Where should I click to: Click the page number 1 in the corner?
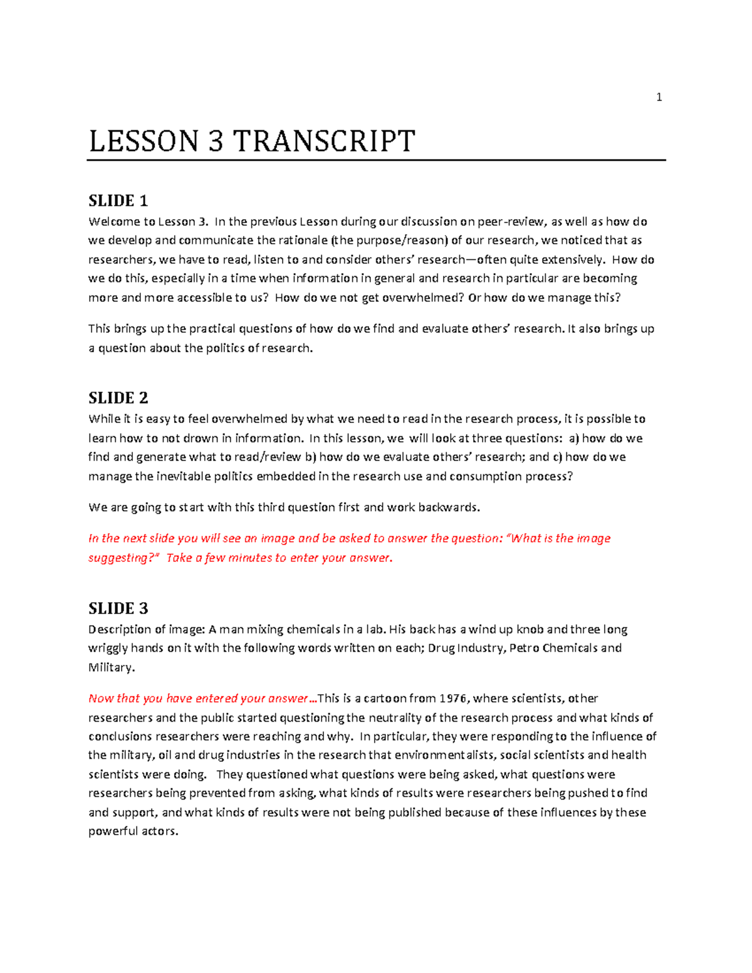pyautogui.click(x=659, y=97)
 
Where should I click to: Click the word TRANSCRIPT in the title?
pyautogui.click(x=324, y=141)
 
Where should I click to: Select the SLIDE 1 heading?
pyautogui.click(x=118, y=201)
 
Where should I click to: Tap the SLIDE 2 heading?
pyautogui.click(x=118, y=398)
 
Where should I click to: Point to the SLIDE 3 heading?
pyautogui.click(x=118, y=608)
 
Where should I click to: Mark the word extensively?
pyautogui.click(x=573, y=260)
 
